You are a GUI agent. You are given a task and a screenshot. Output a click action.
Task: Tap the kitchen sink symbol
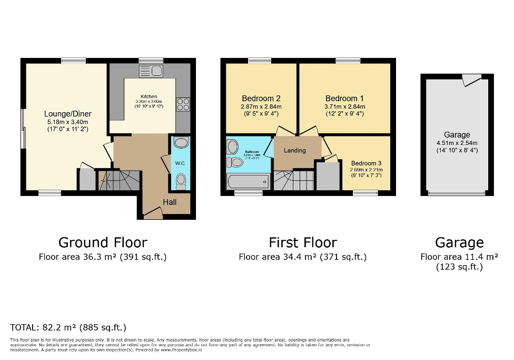coord(151,71)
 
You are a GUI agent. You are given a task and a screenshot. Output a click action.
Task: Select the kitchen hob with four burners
coord(183,104)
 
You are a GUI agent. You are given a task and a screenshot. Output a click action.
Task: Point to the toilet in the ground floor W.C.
coord(181,181)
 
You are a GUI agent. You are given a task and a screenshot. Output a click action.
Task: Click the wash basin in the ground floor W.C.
coord(181,143)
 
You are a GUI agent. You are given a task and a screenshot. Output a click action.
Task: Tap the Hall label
coord(170,202)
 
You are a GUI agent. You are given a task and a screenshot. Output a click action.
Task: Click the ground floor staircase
coord(120,180)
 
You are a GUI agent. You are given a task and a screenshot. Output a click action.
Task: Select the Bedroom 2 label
coord(261,99)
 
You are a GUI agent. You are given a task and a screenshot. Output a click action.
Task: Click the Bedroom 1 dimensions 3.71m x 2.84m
coord(344,106)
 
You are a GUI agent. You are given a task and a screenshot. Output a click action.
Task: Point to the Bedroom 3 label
coord(367,163)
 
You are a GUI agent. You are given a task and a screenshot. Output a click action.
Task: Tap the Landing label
coord(294,151)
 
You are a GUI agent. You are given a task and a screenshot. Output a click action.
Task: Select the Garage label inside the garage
coord(457,135)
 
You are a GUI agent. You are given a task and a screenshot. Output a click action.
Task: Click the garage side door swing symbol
coord(470,80)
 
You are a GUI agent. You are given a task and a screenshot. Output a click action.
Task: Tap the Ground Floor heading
coord(103,242)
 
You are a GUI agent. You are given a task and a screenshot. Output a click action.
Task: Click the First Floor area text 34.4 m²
coord(302,257)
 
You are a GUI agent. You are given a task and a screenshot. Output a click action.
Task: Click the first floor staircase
coord(294,180)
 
